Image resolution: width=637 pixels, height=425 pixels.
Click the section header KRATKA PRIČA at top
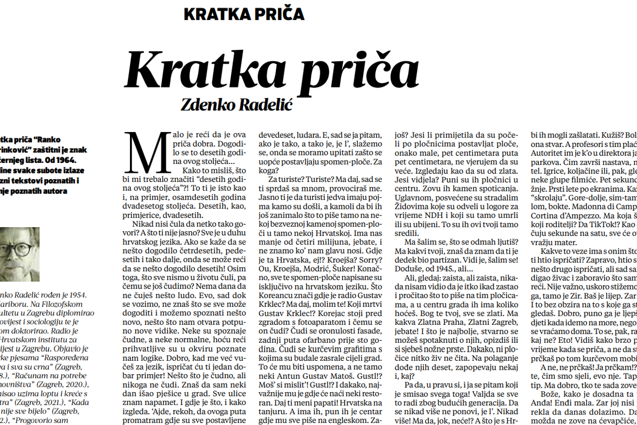point(244,13)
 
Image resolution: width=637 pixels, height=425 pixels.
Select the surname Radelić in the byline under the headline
point(268,104)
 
